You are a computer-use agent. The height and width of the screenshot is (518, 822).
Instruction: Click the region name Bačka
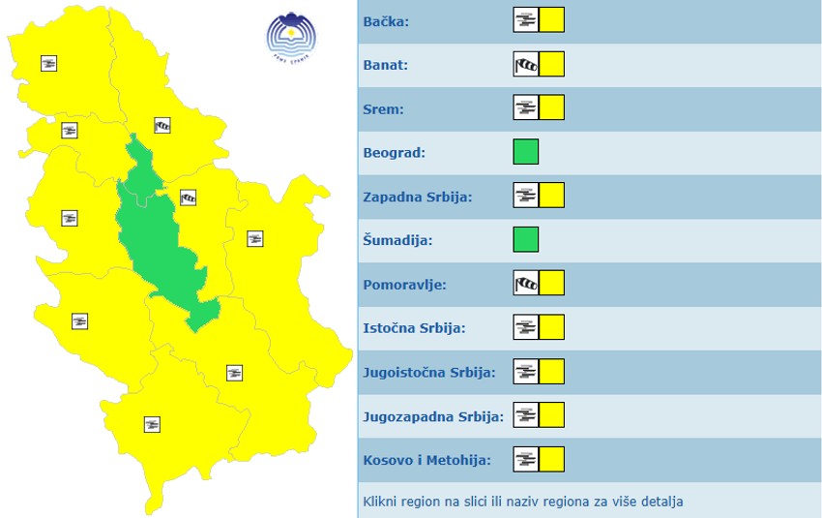coord(386,21)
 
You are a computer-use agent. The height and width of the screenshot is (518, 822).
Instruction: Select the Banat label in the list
coord(386,65)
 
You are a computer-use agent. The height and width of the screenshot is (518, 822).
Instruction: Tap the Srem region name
coord(383,108)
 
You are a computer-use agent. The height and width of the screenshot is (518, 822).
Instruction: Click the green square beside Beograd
coord(525,152)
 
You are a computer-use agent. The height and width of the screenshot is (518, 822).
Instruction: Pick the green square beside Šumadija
coord(525,239)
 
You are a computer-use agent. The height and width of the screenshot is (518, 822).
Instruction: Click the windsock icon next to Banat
coord(525,65)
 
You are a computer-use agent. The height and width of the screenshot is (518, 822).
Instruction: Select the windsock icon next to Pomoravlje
coord(525,284)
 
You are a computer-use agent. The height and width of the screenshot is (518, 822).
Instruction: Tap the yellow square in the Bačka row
coord(551,20)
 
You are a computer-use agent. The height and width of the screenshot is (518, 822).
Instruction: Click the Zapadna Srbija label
coord(417,197)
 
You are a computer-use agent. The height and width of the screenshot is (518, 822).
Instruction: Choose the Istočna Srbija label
coord(414,328)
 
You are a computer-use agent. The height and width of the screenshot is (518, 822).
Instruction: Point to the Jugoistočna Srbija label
coord(428,372)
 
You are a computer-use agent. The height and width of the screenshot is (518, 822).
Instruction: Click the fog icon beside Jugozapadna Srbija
coord(525,415)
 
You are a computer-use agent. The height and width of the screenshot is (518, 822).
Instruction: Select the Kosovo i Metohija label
coord(426,460)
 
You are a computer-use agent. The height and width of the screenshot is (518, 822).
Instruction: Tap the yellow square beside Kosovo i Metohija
coord(551,459)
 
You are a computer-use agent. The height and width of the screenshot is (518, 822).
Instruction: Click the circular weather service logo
coord(291,37)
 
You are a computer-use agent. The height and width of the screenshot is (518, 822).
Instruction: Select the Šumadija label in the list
coord(397,240)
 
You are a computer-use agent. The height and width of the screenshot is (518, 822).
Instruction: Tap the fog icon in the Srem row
coord(525,107)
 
